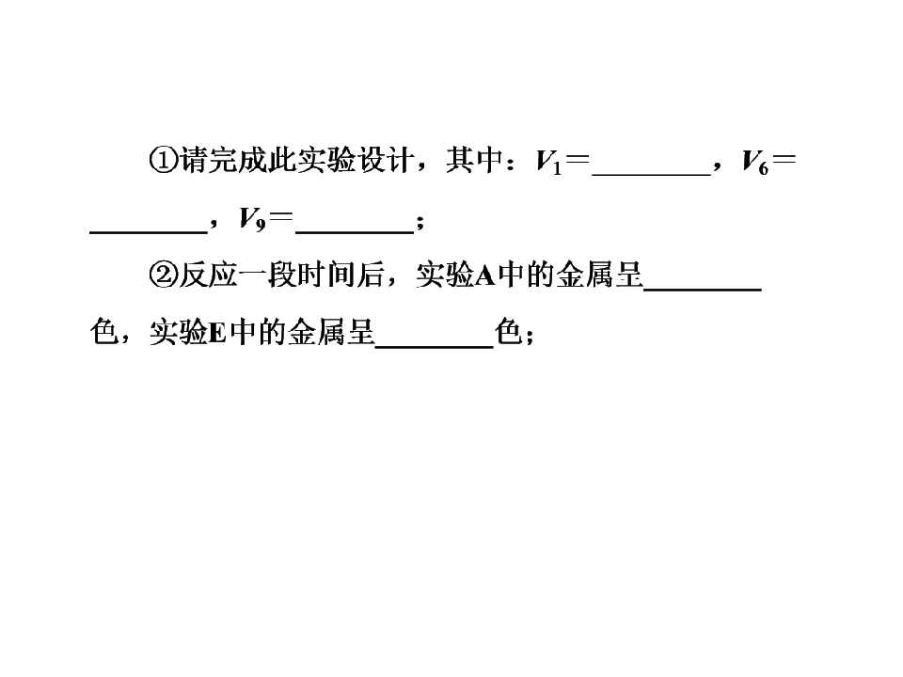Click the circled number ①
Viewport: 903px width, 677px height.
(164, 160)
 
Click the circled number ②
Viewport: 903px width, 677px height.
(164, 275)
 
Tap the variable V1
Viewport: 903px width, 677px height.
(548, 162)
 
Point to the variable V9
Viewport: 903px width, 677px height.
(252, 219)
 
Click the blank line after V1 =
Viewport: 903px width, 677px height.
(651, 175)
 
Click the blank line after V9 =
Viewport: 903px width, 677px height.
(355, 232)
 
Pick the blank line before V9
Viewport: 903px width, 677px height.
(149, 232)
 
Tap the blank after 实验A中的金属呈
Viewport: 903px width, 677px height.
(703, 290)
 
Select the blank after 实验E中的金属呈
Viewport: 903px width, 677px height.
(435, 347)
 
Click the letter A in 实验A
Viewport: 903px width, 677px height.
(485, 276)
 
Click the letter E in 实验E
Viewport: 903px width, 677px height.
(217, 333)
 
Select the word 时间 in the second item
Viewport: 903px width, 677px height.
(326, 275)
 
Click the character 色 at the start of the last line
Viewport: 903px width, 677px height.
(104, 332)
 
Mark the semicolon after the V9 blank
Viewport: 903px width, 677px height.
(420, 223)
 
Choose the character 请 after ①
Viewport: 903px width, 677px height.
(194, 160)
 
